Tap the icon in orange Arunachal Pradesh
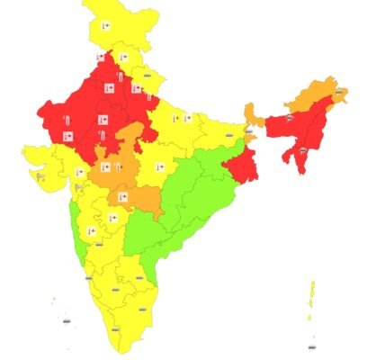340,91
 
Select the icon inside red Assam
290,118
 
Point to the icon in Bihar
228,136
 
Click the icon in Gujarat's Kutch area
39,175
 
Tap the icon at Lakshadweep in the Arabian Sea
66,319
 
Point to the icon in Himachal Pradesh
123,58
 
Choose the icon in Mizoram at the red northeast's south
304,153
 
